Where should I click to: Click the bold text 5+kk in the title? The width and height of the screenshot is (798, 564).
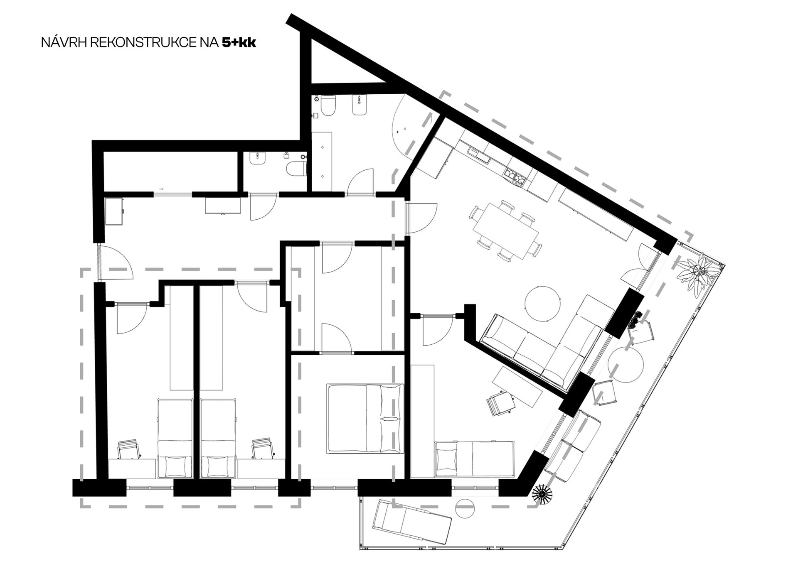click(239, 43)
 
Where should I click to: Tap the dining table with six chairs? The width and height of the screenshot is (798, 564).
click(505, 231)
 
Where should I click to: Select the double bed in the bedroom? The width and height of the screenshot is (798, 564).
click(365, 418)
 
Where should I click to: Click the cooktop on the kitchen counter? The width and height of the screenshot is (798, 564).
click(515, 176)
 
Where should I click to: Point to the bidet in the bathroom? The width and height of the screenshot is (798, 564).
click(359, 105)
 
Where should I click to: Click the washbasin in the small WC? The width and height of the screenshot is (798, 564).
click(258, 158)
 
